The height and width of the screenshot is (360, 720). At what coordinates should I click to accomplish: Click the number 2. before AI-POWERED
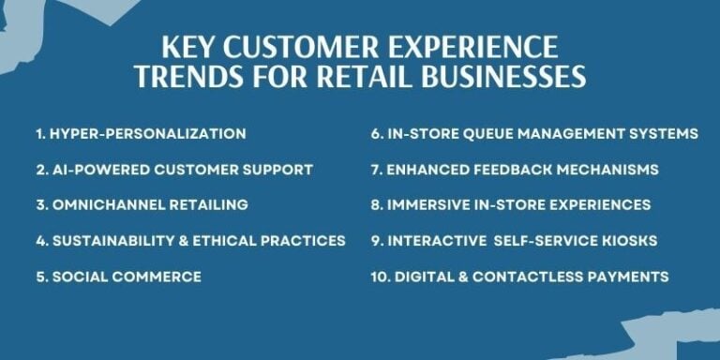point(41,170)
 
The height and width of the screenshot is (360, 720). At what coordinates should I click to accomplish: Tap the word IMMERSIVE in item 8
point(430,205)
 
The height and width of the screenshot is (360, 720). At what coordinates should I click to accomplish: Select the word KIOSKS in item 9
point(629,241)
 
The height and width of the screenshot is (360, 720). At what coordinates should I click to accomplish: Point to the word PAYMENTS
point(629,277)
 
